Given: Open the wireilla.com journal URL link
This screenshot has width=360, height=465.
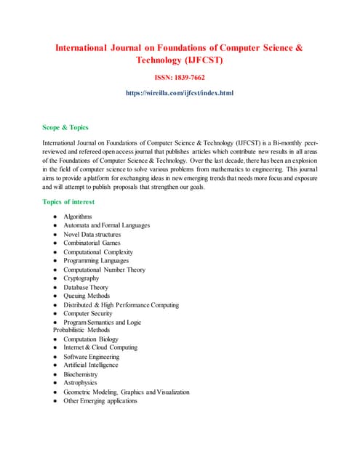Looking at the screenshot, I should point(180,93).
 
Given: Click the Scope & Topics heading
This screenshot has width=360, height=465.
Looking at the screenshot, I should point(65,127).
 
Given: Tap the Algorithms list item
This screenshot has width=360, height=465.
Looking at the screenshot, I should point(78,217).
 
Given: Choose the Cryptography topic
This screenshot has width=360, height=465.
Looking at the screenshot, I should point(81,278).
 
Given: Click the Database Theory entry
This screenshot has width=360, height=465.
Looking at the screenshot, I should point(86,287).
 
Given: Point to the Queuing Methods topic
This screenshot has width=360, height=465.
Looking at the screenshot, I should point(87,296).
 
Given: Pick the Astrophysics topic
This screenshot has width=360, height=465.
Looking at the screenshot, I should point(80,383).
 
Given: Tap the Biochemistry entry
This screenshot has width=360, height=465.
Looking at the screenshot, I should point(80,374).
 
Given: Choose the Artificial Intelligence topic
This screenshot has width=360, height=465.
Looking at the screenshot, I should point(91,365).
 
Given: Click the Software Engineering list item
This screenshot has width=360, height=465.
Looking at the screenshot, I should point(91,357).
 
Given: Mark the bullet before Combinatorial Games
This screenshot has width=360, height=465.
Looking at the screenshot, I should point(55,243).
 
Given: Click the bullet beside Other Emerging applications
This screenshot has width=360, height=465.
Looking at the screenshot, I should point(55,401).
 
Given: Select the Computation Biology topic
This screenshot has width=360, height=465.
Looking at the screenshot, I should point(91,339).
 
